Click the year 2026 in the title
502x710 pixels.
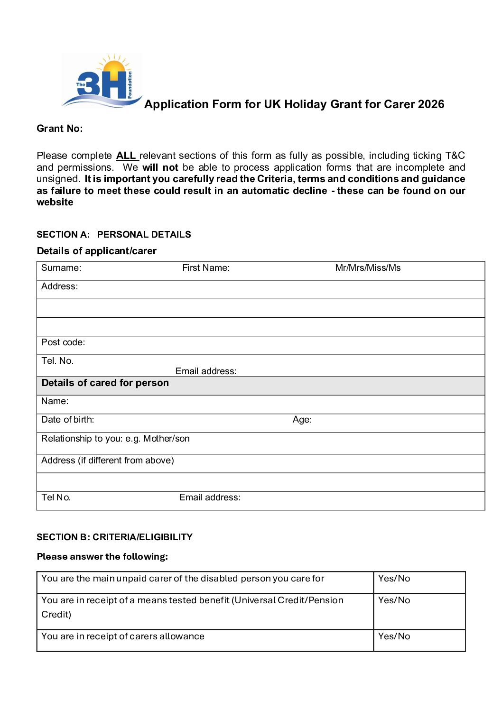[431, 104]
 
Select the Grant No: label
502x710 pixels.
[60, 129]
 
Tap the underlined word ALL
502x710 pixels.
[126, 156]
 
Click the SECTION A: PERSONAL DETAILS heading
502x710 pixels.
[114, 234]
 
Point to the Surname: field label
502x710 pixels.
[61, 268]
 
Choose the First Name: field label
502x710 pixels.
[206, 268]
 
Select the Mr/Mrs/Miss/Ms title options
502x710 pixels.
[368, 268]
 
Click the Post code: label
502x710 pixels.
[63, 342]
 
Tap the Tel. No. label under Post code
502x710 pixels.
[57, 361]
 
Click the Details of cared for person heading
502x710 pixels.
[105, 383]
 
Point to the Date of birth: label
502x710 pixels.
[68, 420]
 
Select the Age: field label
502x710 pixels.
[302, 420]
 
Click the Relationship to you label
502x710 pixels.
[115, 439]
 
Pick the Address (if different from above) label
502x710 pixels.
[108, 461]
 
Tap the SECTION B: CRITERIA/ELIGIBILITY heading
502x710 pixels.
[115, 537]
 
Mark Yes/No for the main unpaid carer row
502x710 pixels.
[394, 579]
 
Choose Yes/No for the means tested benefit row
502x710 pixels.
[394, 600]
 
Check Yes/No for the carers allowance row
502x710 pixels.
[394, 636]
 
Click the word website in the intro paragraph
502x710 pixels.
[55, 203]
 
